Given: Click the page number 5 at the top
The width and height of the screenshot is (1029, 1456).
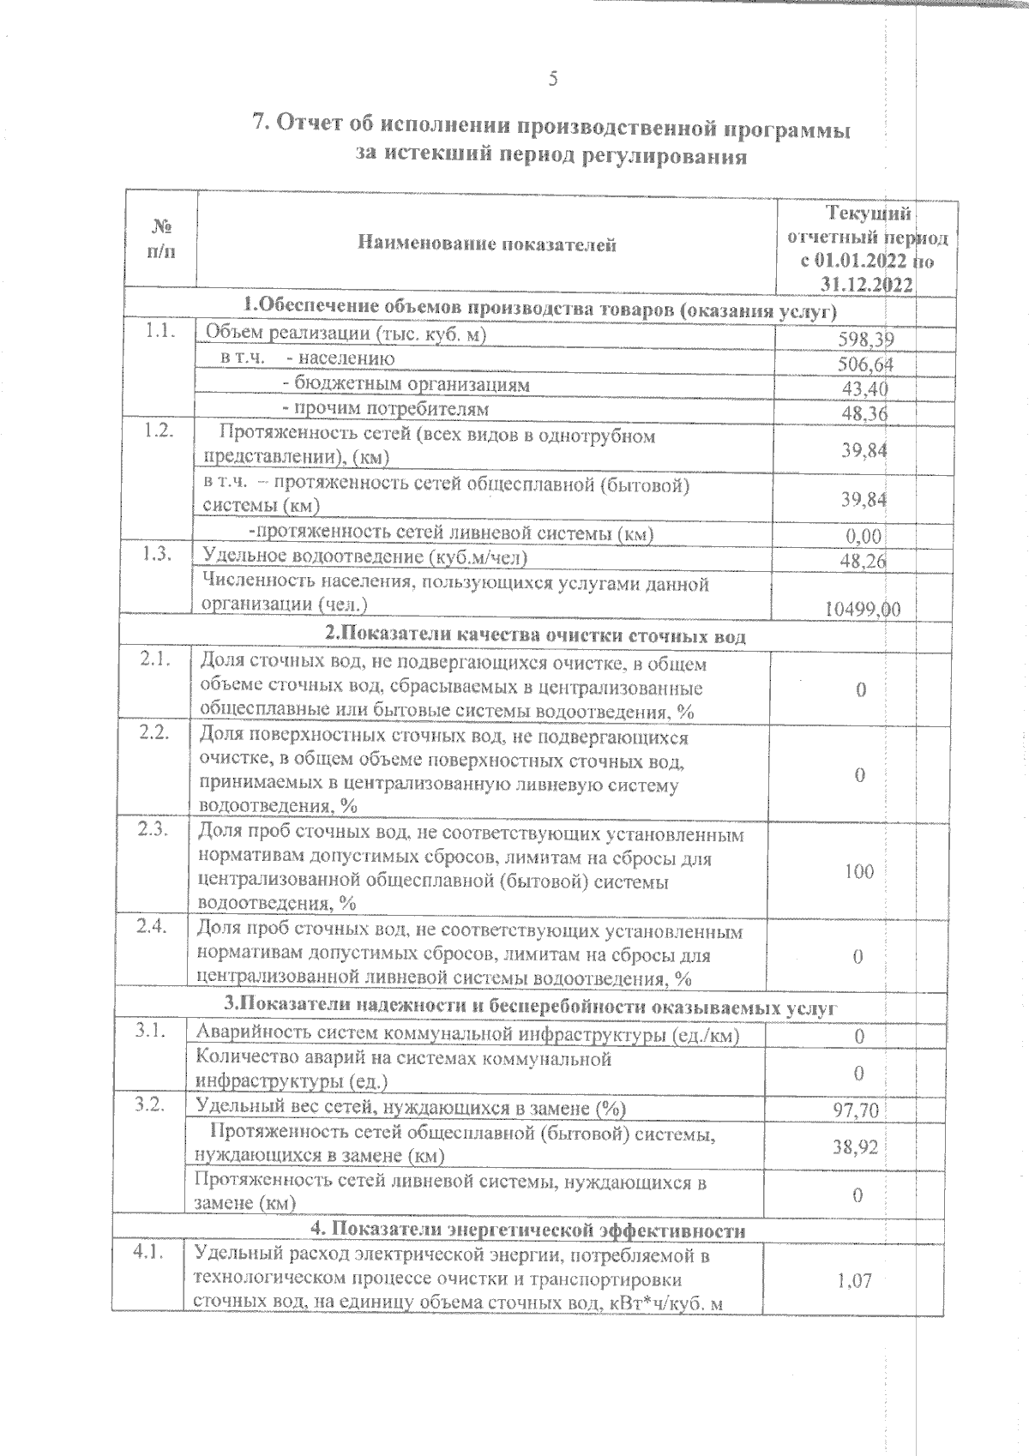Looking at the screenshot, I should [x=553, y=80].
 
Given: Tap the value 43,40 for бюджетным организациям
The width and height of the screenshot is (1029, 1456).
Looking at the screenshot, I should [x=865, y=389].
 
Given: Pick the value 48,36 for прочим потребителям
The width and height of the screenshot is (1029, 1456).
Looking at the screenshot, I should [x=865, y=414].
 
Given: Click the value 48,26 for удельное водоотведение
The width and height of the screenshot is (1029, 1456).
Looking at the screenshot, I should [x=863, y=562].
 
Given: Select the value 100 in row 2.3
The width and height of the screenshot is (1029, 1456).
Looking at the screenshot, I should [x=858, y=872].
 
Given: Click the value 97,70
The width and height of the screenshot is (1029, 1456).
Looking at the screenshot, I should [x=856, y=1111].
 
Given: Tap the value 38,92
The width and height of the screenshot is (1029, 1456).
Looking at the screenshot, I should [x=856, y=1146].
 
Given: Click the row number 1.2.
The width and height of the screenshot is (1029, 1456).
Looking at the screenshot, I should [x=160, y=431].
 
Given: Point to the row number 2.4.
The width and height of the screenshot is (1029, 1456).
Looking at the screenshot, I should [x=151, y=927].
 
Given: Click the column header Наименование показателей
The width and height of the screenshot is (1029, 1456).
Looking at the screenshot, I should [x=486, y=245].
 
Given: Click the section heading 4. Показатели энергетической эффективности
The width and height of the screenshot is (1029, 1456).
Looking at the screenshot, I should [x=527, y=1230].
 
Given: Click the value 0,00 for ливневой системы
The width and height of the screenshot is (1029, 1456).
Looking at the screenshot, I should [x=864, y=537].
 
